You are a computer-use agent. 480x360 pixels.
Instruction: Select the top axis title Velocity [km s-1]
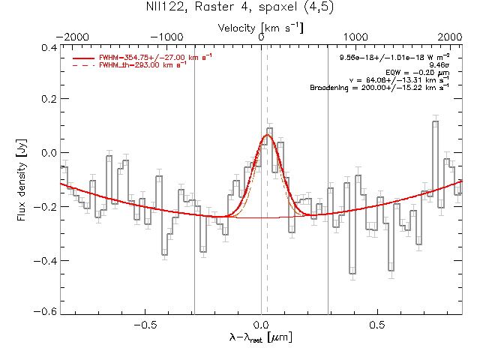[260, 28]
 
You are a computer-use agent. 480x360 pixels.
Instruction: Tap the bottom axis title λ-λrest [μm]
[260, 339]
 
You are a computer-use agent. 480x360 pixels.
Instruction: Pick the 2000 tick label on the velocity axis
[450, 37]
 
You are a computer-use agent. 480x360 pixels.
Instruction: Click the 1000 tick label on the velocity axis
[355, 37]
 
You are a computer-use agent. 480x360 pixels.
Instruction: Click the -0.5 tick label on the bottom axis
[144, 325]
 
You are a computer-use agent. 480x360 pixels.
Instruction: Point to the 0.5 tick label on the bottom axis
[377, 325]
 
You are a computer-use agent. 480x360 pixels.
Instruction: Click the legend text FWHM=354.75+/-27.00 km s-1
[142, 57]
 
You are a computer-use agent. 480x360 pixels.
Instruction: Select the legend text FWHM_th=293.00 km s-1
[135, 65]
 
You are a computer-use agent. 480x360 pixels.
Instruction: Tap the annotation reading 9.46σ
[438, 65]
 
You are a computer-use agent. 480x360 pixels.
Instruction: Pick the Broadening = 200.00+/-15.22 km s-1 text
[379, 88]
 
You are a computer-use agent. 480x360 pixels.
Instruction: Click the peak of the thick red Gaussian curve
[267, 136]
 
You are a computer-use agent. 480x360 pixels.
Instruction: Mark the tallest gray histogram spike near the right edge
[435, 121]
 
